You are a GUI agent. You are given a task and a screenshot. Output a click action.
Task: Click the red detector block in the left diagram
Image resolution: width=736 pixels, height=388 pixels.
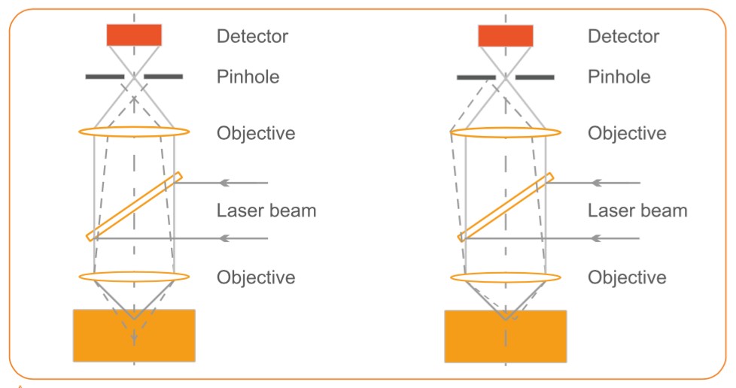(x=134, y=35)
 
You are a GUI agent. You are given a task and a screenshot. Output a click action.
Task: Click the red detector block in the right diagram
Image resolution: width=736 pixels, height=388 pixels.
(x=506, y=35)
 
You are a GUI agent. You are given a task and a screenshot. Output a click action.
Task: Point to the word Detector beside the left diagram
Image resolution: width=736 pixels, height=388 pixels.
(x=252, y=36)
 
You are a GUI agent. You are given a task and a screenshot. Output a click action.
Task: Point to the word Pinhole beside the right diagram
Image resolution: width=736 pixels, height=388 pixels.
(x=619, y=77)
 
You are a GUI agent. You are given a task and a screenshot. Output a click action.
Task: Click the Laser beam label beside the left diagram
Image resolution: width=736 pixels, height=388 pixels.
(x=266, y=211)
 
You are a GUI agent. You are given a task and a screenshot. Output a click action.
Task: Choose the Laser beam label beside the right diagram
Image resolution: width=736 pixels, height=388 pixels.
(x=637, y=211)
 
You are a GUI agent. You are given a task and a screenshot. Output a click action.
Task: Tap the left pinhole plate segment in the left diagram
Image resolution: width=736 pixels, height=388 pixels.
(x=105, y=77)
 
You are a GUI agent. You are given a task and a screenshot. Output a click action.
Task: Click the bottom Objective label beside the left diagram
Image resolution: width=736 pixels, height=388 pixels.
(x=256, y=277)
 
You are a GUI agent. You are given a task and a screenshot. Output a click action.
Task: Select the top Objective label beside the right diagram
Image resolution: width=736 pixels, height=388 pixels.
(x=627, y=134)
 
